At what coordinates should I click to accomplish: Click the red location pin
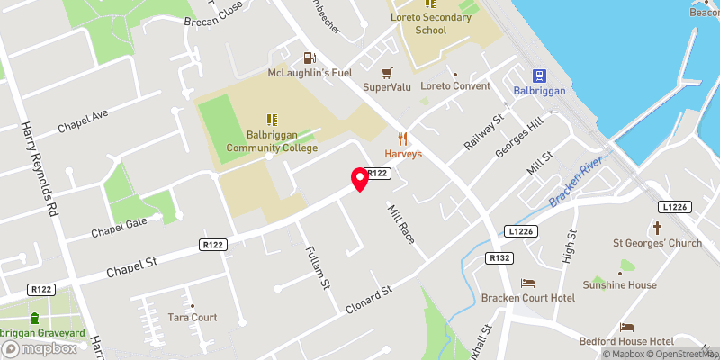point(360,179)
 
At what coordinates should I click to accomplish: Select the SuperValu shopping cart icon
point(387,72)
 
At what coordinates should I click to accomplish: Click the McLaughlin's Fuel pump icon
point(310,57)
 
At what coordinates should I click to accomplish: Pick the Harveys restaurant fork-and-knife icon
point(403,139)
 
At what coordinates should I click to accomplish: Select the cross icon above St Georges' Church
point(656,227)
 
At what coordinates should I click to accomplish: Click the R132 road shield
point(499,258)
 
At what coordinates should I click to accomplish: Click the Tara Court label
point(193,318)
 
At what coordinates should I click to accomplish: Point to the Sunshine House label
point(620,285)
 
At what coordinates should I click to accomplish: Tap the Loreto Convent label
point(455,86)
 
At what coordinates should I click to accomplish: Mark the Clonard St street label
point(370,300)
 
